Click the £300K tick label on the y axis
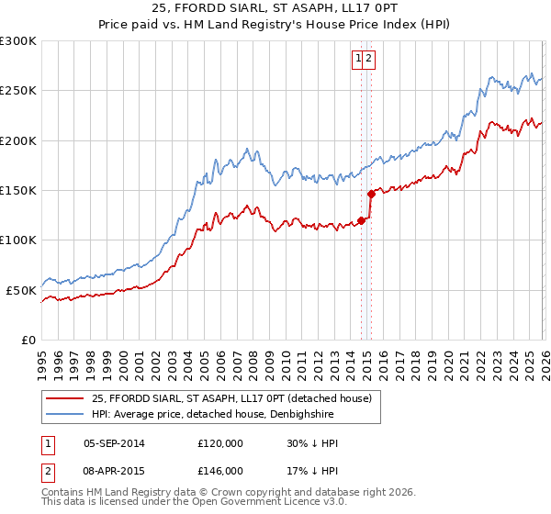[x=18, y=41]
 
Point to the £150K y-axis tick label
[x=18, y=190]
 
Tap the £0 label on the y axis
[x=28, y=340]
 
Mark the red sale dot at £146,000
[x=372, y=194]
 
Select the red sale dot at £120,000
[x=362, y=219]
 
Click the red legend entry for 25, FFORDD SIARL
[x=231, y=398]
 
